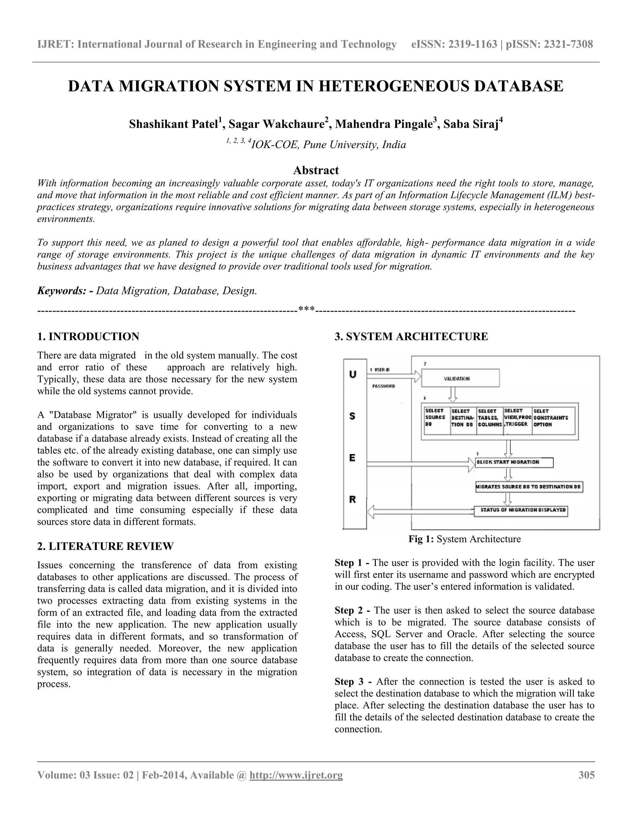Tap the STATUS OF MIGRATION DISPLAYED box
click(x=521, y=511)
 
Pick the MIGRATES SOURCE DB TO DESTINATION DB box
click(x=529, y=486)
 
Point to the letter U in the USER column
click(x=352, y=374)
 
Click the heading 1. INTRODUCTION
click(x=88, y=336)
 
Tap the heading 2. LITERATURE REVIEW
click(x=105, y=546)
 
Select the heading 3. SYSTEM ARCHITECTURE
click(x=411, y=336)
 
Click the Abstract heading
click(x=316, y=170)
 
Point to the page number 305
click(x=586, y=775)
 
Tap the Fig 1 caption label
click(x=421, y=539)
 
